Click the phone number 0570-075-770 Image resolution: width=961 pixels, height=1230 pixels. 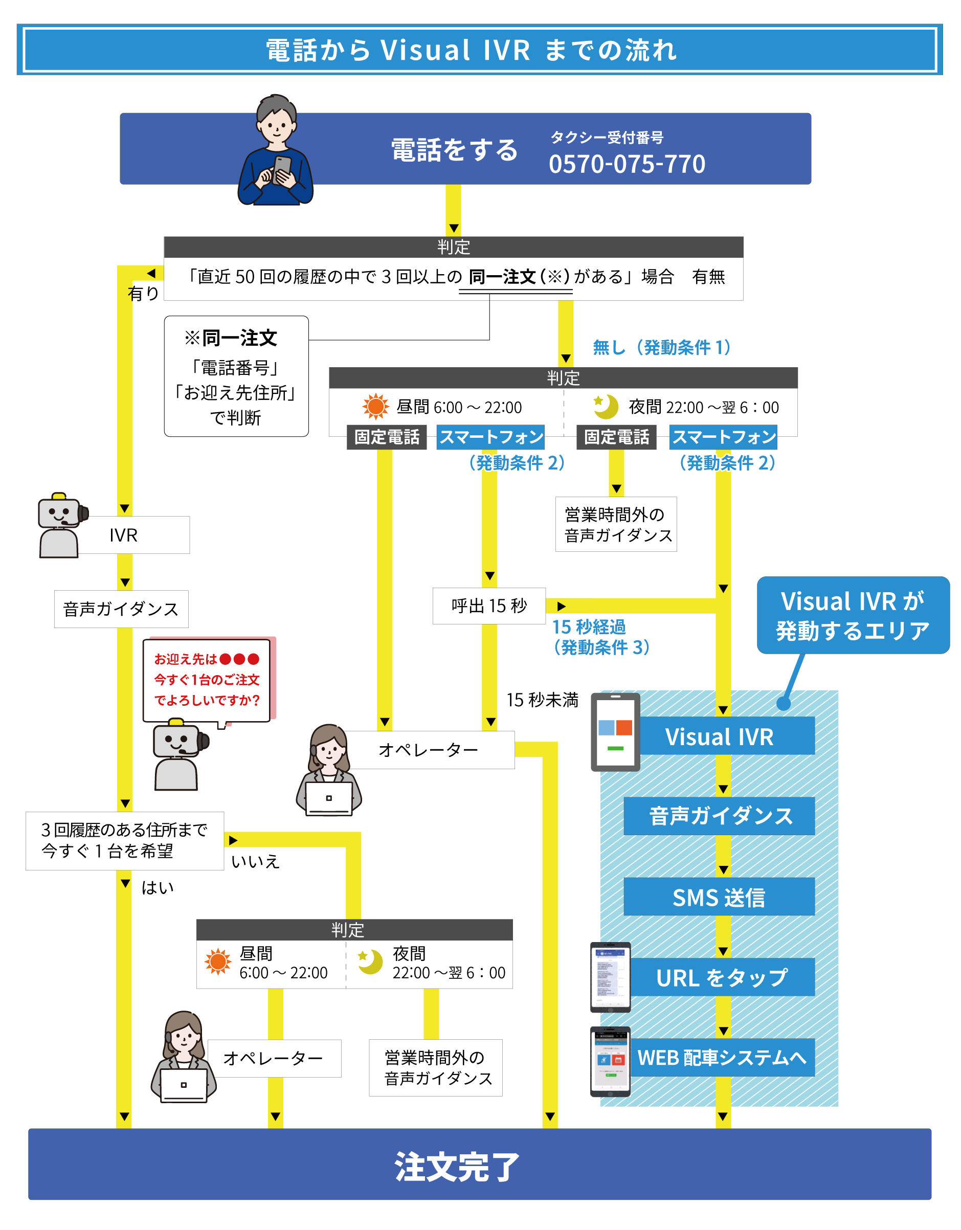[627, 164]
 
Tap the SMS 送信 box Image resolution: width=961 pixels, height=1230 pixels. [719, 897]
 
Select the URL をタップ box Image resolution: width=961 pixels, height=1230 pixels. [722, 978]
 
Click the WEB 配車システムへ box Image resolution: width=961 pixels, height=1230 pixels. [722, 1058]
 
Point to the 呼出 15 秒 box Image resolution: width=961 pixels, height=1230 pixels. [489, 606]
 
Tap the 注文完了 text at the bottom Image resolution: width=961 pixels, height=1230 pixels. [456, 1167]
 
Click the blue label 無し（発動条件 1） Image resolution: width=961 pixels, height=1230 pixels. [661, 347]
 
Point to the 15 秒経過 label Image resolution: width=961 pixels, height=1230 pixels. [589, 628]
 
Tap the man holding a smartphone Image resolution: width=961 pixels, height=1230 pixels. [276, 151]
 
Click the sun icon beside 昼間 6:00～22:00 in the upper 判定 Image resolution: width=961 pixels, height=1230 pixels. [376, 406]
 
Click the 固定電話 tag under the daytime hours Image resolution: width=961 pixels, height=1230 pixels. [387, 437]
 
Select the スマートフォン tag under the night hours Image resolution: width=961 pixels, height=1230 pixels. [723, 437]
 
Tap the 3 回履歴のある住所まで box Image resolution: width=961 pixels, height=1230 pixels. [124, 840]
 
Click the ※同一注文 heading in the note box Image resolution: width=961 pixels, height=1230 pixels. [231, 338]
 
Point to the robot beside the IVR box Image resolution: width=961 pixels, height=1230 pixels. [61, 526]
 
